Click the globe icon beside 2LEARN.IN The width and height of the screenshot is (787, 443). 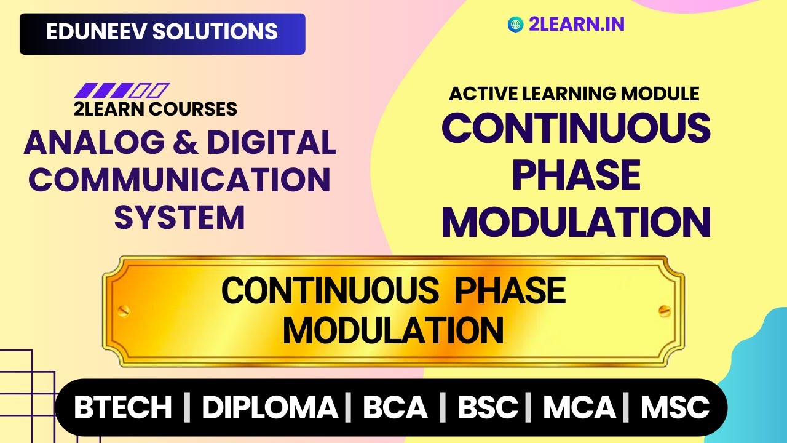[x=515, y=25]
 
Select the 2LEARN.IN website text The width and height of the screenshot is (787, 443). [x=576, y=25]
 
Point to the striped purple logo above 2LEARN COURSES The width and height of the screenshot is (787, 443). [x=121, y=90]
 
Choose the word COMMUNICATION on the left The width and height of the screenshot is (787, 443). [x=180, y=180]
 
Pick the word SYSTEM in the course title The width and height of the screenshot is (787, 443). [x=180, y=217]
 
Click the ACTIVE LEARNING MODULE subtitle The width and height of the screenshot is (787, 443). [x=574, y=94]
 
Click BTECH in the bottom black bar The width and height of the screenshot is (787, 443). [x=123, y=408]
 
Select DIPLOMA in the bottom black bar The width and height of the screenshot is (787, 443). [x=270, y=408]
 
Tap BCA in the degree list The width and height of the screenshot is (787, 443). [x=395, y=408]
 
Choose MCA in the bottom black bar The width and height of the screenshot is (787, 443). [x=579, y=408]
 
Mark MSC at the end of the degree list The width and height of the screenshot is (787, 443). [x=675, y=408]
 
